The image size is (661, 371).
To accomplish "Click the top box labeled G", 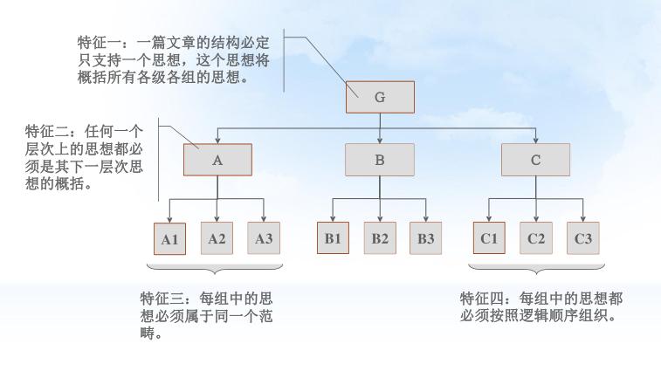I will [380, 97].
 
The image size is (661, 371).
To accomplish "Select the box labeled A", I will [217, 161].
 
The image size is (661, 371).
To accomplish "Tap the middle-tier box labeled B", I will [380, 161].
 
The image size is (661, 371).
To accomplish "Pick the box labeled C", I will [535, 161].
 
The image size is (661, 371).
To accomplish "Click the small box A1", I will [169, 238].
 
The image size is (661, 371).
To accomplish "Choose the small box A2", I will [217, 238].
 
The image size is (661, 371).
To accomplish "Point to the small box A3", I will [264, 238].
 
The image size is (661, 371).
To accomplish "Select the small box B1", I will [333, 238].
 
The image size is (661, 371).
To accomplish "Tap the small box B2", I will [380, 238].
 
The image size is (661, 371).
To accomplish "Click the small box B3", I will [426, 238].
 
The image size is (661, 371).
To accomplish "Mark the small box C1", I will [489, 238].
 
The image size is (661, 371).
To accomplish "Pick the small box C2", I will [536, 238].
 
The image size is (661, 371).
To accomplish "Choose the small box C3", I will [582, 238].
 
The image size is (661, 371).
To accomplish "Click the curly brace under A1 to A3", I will [217, 267].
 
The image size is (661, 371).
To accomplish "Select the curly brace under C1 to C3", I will [536, 267].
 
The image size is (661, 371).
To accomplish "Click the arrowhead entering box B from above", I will [380, 140].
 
